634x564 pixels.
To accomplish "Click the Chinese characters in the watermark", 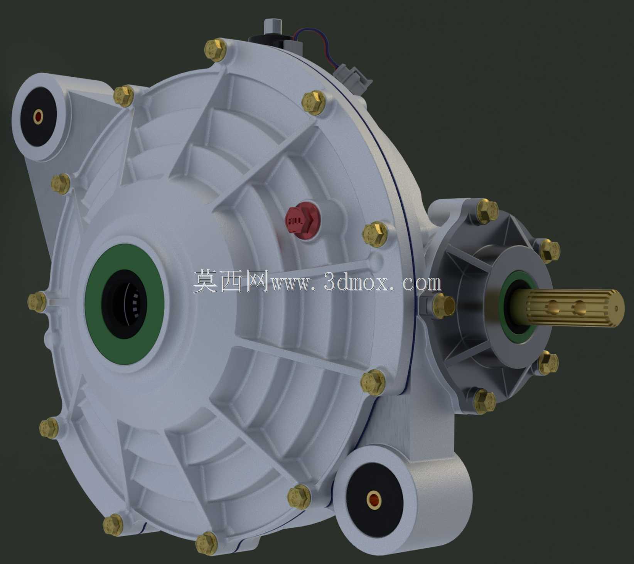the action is tap(231, 280).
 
